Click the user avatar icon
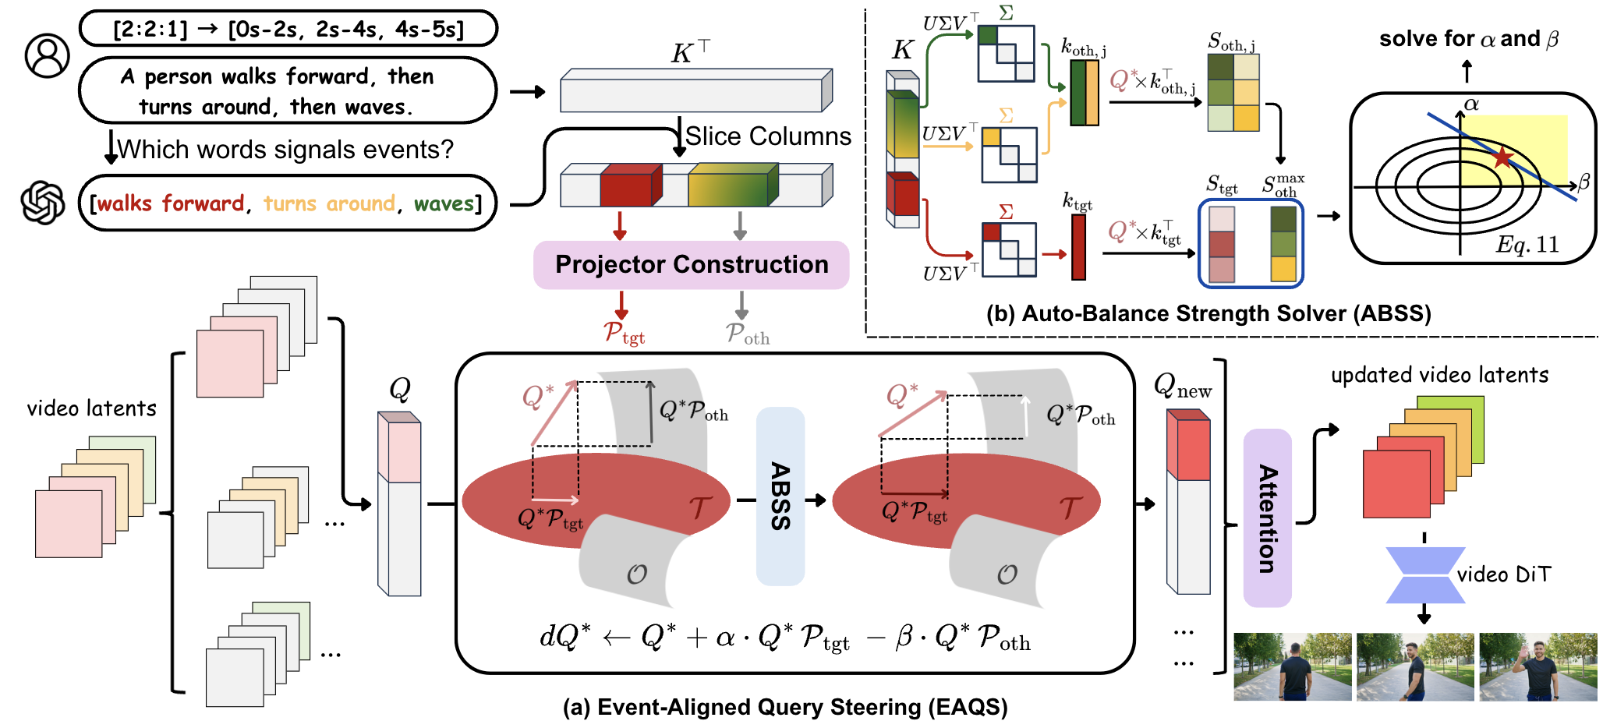coord(47,55)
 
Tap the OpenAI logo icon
coord(43,203)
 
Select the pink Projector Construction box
coord(691,265)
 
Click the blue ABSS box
coord(780,497)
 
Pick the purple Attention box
coord(1267,518)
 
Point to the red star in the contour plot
coord(1502,158)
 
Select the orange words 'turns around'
coord(329,203)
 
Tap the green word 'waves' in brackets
coord(444,203)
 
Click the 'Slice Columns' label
coord(768,136)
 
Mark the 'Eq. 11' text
coord(1527,245)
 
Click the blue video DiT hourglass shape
coord(1424,575)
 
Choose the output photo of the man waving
coord(1538,667)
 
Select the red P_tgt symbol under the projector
coord(624,334)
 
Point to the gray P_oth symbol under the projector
coord(747,334)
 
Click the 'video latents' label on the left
coord(91,408)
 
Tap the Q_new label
coord(1182,386)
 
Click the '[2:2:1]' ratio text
coord(150,30)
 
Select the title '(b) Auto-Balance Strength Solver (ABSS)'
coord(1208,313)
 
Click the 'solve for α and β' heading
coord(1468,39)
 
